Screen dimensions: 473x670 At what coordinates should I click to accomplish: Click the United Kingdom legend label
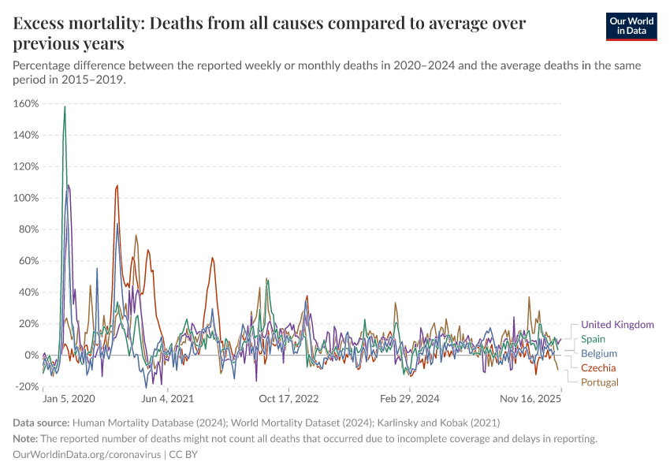617,325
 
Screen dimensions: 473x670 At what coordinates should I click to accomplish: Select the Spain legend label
593,339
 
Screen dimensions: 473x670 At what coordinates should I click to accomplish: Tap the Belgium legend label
599,354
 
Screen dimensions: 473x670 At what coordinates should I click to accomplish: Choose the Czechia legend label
598,368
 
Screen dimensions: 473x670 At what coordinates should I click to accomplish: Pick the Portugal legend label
600,382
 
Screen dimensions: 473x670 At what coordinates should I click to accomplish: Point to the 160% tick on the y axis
27,103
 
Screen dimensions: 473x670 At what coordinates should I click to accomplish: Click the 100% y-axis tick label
27,198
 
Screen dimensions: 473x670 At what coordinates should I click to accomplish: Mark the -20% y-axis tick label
28,386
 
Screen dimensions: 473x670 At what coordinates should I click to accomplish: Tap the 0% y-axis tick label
32,355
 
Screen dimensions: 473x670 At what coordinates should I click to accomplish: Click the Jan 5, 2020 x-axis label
69,399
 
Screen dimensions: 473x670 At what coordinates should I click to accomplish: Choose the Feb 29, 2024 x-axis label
409,399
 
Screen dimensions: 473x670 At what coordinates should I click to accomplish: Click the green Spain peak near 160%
65,107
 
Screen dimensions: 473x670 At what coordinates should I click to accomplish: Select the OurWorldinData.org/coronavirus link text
87,455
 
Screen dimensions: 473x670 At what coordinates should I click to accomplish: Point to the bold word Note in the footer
26,438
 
